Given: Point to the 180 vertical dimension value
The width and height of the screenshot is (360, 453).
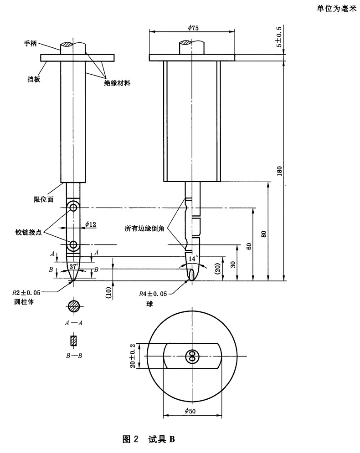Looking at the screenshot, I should coord(279,170).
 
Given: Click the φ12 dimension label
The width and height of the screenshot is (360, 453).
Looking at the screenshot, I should coord(91,224).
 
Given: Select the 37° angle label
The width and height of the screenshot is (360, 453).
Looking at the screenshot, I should coord(74,265).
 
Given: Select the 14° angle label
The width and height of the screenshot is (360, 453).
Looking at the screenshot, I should coord(194,258).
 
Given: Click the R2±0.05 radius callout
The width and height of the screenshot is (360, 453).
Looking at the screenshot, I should coord(27,294).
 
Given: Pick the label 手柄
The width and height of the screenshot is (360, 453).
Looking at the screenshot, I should coord(31,44).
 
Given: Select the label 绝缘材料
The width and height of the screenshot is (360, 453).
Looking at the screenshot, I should coord(117,83).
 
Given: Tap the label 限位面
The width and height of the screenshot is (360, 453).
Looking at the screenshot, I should coord(42,199).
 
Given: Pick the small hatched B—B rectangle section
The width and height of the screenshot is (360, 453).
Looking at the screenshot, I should coord(73,341).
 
